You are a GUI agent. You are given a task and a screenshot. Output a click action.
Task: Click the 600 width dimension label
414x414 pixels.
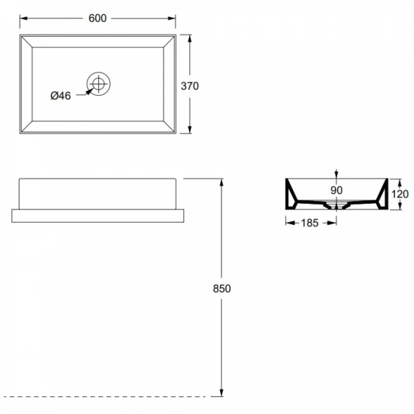coord(98,18)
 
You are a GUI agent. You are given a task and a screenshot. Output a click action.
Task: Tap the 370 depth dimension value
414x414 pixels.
coord(190,86)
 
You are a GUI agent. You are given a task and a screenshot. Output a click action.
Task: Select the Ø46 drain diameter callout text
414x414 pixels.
coord(60,96)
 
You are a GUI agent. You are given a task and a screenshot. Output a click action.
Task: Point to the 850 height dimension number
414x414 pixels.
coord(222,289)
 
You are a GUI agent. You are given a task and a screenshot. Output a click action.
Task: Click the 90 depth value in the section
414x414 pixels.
coord(337,190)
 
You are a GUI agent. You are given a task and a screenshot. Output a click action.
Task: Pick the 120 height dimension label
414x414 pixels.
coord(400,194)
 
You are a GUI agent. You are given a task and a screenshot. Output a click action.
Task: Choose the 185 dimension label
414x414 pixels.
coord(310,223)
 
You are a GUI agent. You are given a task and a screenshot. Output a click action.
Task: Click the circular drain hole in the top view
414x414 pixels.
coord(98,84)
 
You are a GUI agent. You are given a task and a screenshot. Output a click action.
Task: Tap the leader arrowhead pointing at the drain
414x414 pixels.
coord(89,92)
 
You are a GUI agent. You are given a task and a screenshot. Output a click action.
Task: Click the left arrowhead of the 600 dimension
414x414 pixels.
coord(24,18)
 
